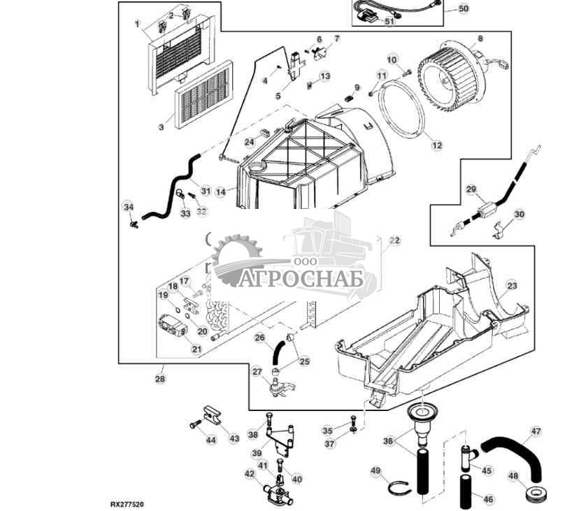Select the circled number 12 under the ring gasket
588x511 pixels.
[x=437, y=146]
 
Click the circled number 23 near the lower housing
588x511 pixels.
[x=512, y=285]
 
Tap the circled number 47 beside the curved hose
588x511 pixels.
[x=536, y=431]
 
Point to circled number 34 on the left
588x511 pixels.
[x=127, y=207]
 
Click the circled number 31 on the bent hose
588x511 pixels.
[x=206, y=190]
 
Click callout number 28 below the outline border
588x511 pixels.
[x=160, y=379]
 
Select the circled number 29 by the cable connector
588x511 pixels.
[x=471, y=189]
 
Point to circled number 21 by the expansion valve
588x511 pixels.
[x=196, y=348]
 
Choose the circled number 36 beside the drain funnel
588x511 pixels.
[x=389, y=440]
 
